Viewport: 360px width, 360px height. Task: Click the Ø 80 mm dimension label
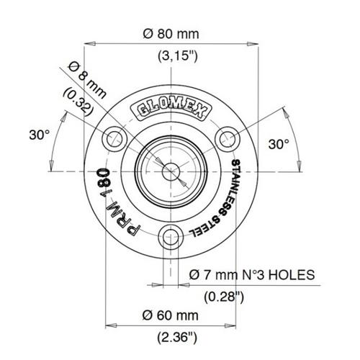point(171,34)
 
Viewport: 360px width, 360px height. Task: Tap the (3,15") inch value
point(178,56)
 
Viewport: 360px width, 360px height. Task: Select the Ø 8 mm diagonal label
point(87,80)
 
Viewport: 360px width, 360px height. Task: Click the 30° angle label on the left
point(40,135)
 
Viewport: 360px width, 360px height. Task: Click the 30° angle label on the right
point(279,144)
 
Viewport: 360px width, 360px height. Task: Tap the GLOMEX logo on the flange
point(171,109)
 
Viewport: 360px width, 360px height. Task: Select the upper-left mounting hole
point(114,139)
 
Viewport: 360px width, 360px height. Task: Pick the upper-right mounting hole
point(228,139)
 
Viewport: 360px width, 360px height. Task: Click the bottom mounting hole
point(171,237)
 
